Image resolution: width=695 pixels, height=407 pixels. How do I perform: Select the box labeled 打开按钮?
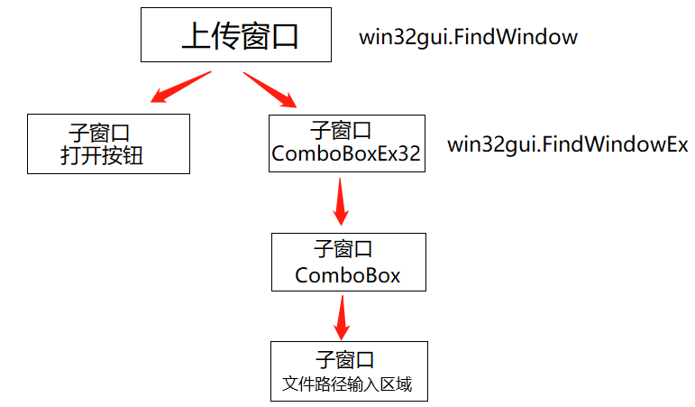(x=108, y=143)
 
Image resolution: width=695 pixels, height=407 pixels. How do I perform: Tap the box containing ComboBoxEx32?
(x=346, y=143)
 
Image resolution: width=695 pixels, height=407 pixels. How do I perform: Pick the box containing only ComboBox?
(x=347, y=262)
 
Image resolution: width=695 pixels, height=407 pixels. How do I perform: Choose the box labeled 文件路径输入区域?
(x=347, y=371)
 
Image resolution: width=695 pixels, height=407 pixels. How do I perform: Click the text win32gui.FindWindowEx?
(x=568, y=144)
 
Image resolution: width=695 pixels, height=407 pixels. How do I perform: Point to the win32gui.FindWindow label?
(x=468, y=37)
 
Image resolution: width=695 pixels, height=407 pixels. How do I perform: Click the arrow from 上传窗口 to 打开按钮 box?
(x=179, y=88)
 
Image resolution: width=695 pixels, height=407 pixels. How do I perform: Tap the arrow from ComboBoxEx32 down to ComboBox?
(x=340, y=202)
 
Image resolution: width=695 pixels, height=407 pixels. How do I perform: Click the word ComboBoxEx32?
(x=346, y=154)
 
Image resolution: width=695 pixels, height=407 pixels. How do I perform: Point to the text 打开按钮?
(x=102, y=156)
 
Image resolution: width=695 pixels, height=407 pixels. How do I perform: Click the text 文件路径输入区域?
(x=347, y=384)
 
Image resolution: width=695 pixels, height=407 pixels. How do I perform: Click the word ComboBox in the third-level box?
(x=347, y=274)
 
